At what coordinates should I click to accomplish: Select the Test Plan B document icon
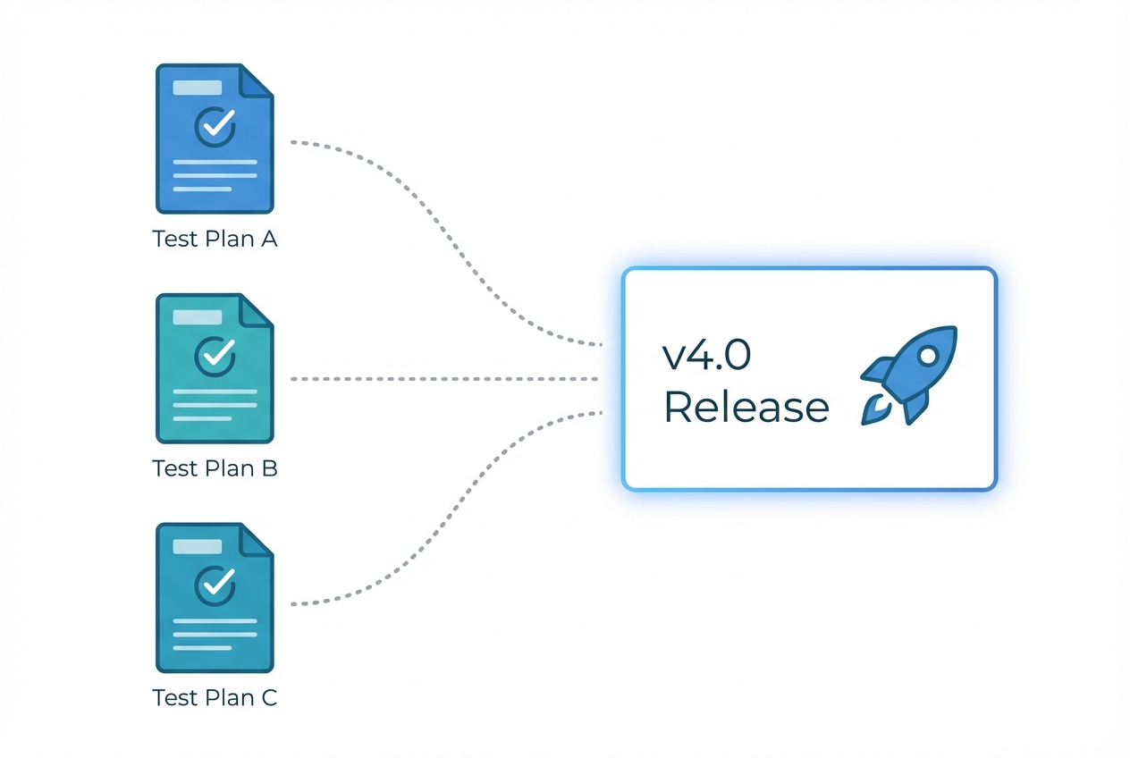(215, 368)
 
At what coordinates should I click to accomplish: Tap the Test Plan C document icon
(215, 597)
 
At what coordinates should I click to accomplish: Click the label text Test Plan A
(215, 240)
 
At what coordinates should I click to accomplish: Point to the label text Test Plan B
(215, 468)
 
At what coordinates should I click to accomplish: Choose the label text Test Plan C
(215, 697)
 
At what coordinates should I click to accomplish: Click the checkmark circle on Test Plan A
(215, 126)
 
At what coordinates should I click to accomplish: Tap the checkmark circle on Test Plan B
(215, 355)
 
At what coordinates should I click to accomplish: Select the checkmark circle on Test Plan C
(215, 585)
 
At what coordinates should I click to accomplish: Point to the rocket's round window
(929, 355)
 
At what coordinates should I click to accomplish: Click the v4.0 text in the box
(706, 356)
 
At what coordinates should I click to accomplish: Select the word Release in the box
(746, 407)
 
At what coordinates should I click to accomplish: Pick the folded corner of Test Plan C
(257, 538)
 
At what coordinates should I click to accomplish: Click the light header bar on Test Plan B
(197, 317)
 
